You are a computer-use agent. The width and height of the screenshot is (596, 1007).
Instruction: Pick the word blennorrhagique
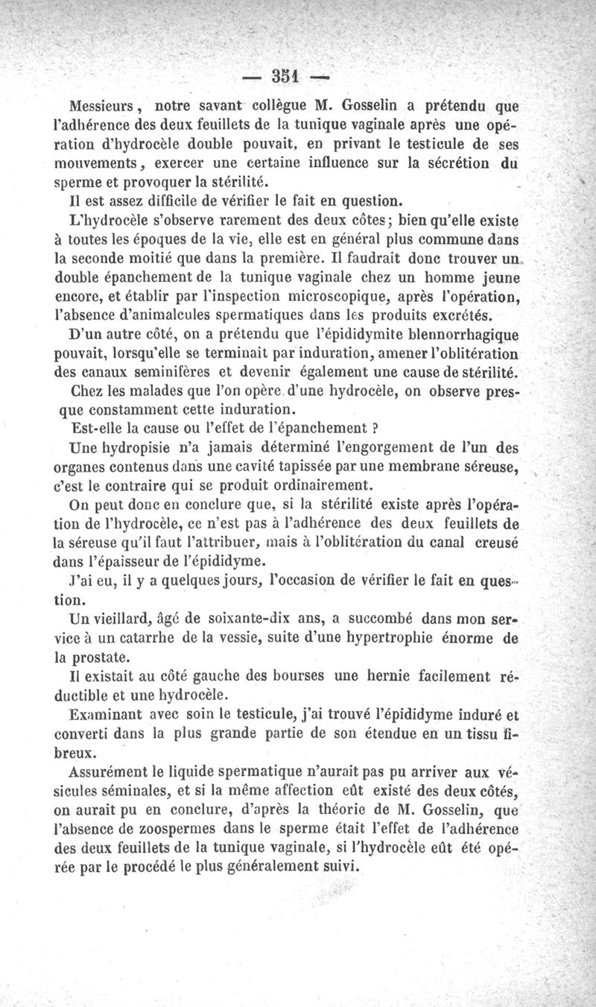coord(461,336)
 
